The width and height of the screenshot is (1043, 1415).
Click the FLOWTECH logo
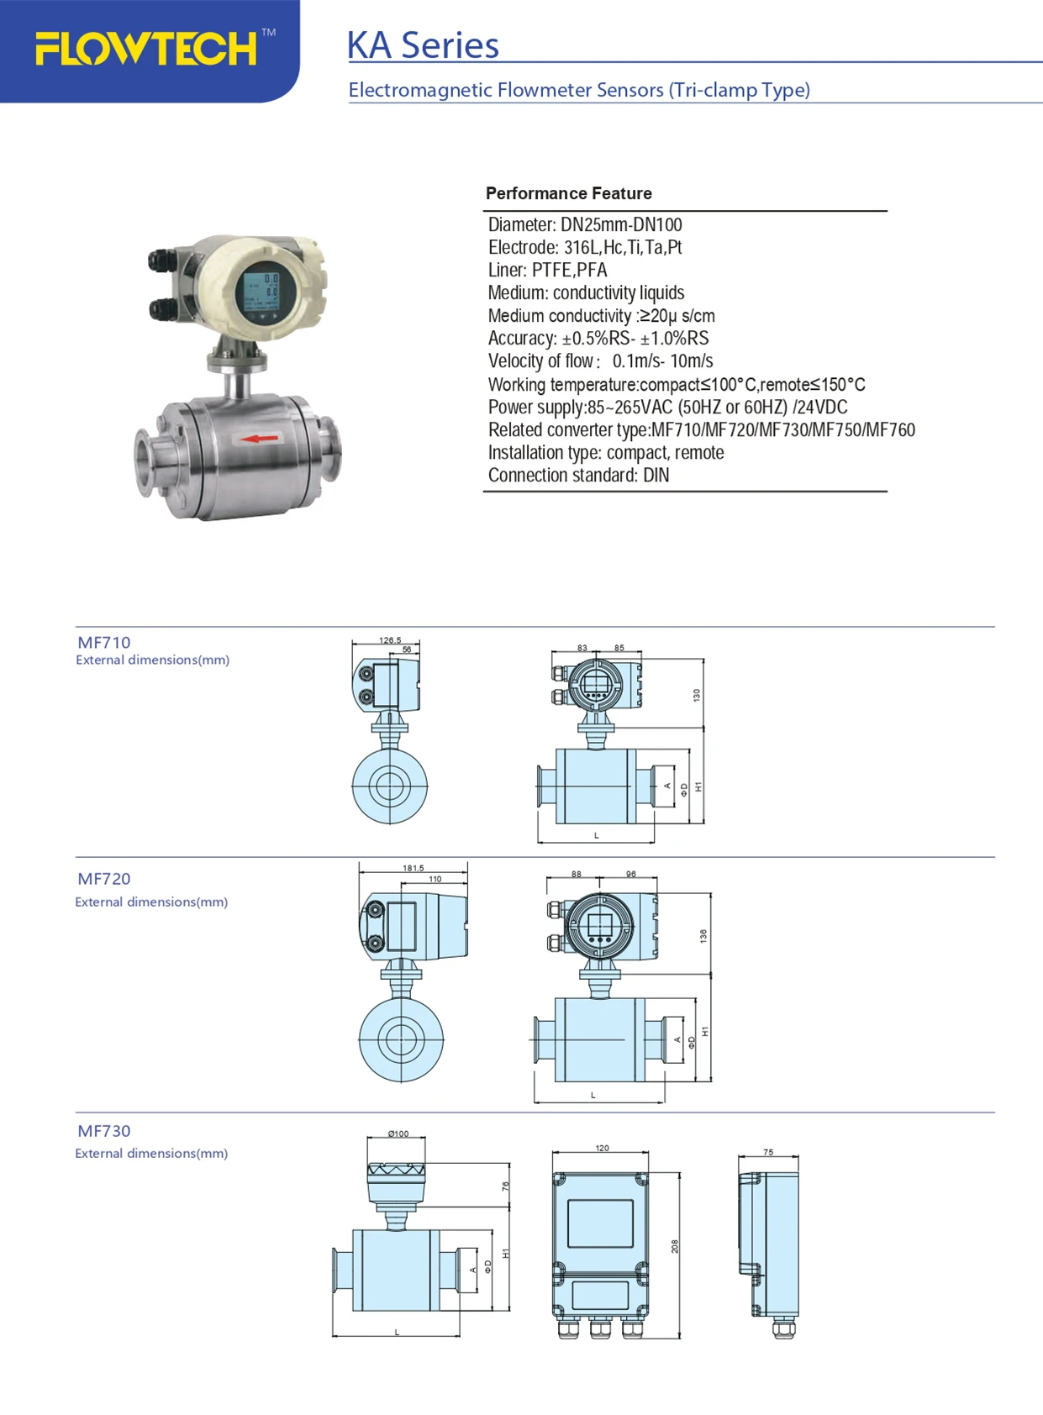147,49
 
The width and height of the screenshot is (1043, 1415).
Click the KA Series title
423,45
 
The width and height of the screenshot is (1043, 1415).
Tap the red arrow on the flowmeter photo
260,438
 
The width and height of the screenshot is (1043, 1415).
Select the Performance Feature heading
568,193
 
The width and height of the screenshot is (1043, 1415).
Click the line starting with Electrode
584,247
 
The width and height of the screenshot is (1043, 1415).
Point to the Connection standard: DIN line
578,475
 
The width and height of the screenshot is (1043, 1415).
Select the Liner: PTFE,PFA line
547,270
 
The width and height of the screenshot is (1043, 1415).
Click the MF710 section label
104,643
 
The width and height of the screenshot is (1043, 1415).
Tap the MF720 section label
104,879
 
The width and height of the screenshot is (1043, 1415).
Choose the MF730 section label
104,1131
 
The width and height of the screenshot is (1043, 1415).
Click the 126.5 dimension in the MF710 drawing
390,640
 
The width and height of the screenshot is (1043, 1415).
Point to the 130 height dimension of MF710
696,695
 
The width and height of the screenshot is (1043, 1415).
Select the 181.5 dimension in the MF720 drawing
414,868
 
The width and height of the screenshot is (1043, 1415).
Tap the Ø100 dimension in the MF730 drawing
398,1134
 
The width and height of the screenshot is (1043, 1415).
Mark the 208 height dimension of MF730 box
674,1246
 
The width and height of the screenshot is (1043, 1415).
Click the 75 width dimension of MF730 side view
768,1152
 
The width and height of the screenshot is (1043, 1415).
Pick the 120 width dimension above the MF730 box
602,1148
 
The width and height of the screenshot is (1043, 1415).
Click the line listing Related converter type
701,429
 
